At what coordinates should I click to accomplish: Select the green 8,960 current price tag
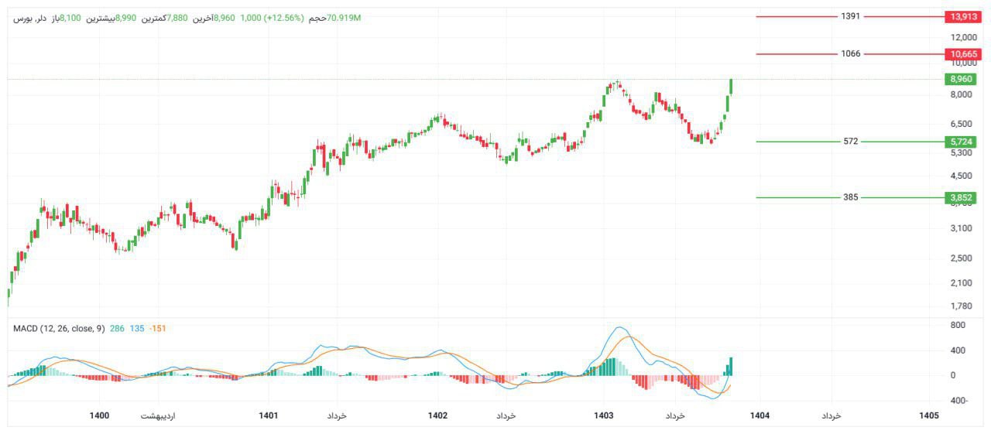[961, 79]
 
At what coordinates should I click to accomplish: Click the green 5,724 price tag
[961, 142]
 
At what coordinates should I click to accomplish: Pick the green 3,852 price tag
[961, 197]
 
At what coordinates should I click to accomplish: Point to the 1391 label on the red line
[850, 16]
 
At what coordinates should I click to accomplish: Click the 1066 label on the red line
[850, 54]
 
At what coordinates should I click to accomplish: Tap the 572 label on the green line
[850, 142]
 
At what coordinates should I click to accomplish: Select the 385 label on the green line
[850, 197]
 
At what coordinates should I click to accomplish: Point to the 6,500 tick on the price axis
[961, 124]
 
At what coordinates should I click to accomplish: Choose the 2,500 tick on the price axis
[961, 258]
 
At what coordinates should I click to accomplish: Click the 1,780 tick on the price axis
[961, 306]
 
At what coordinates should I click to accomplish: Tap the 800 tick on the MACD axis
[958, 326]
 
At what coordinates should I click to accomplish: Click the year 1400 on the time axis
[99, 416]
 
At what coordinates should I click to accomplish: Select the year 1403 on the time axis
[604, 416]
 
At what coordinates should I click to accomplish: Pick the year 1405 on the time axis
[929, 416]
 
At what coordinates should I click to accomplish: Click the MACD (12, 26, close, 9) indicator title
[59, 329]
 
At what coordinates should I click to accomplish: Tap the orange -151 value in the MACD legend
[157, 329]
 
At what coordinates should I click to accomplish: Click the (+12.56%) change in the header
[285, 18]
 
